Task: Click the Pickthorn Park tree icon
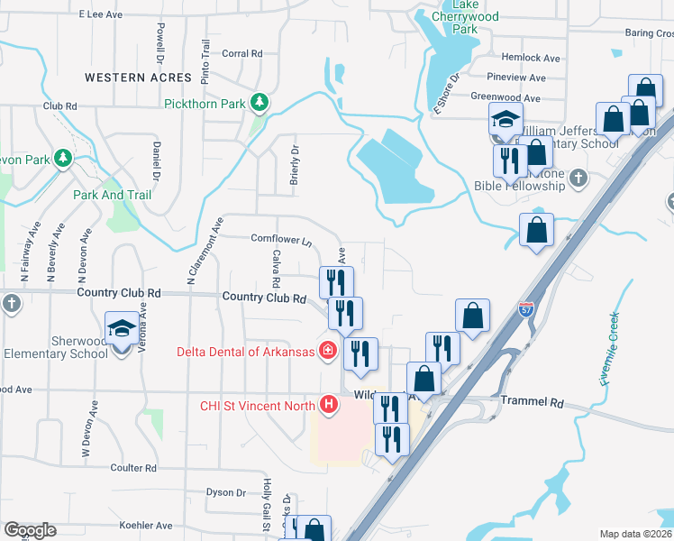pos(260,103)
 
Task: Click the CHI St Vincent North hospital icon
pos(329,405)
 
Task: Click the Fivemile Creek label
pos(610,347)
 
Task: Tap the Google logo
pos(29,530)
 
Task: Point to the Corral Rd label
pos(241,54)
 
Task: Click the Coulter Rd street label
pos(133,468)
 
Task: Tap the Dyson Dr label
pos(225,492)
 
